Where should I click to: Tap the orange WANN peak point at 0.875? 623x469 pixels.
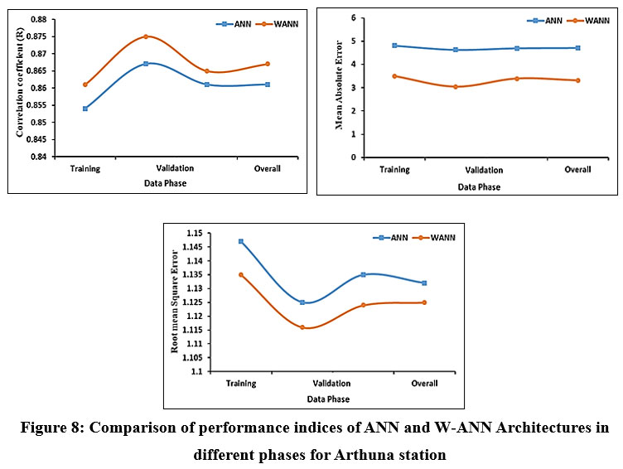(x=146, y=36)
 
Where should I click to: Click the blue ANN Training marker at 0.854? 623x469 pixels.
(x=85, y=109)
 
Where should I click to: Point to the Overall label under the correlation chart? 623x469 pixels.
(x=268, y=169)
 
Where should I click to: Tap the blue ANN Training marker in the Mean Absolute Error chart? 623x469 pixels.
(x=394, y=46)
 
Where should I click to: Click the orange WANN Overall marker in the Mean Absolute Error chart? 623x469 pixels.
(x=577, y=80)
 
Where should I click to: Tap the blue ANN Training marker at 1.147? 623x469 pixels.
(x=241, y=241)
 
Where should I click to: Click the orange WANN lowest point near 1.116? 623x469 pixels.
(x=302, y=327)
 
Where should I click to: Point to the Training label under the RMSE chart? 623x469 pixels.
(x=241, y=384)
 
